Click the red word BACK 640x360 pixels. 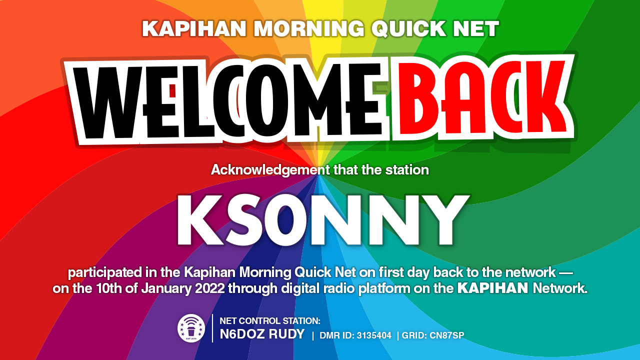pyautogui.click(x=480, y=97)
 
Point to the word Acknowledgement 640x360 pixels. pyautogui.click(x=270, y=170)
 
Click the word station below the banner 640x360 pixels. pyautogui.click(x=407, y=170)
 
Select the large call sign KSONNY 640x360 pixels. pyautogui.click(x=323, y=220)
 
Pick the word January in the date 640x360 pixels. pyautogui.click(x=166, y=288)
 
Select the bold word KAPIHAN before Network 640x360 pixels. pyautogui.click(x=493, y=288)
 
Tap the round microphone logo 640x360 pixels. pyautogui.click(x=191, y=328)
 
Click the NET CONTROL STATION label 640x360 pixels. pyautogui.click(x=270, y=321)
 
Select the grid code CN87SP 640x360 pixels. pyautogui.click(x=447, y=335)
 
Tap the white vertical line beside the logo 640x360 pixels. pyautogui.click(x=212, y=328)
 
